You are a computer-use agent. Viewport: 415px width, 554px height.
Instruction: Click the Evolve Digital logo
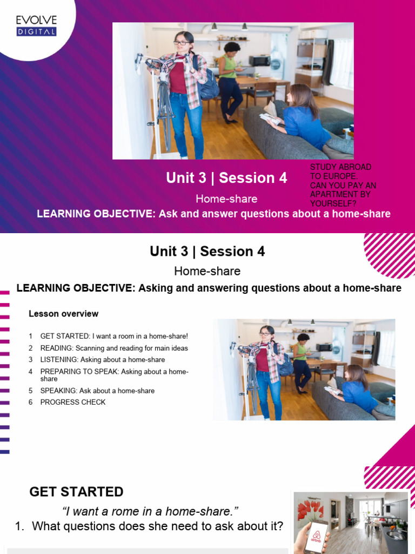36,26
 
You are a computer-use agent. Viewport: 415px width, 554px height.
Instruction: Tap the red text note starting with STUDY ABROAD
343,186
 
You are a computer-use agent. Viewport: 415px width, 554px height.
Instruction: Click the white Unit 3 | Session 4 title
226,178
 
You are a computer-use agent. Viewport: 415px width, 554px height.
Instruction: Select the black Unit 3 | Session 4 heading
207,252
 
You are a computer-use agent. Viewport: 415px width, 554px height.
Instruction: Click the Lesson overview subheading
63,314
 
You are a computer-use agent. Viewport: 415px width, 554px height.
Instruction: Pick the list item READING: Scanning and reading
114,348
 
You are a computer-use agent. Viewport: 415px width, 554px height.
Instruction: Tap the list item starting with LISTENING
102,359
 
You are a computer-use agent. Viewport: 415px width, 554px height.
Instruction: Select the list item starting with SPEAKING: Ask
97,391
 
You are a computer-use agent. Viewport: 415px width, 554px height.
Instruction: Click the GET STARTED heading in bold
76,492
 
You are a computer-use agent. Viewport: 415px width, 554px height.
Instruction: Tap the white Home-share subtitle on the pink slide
226,199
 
